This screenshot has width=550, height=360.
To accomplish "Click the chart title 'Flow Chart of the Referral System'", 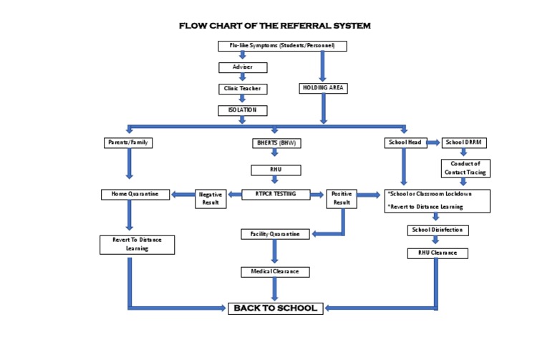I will [x=275, y=26].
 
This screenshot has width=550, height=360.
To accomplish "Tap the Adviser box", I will [x=243, y=67].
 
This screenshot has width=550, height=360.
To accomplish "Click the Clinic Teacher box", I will [x=243, y=89].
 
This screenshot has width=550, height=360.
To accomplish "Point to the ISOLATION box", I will [x=243, y=110].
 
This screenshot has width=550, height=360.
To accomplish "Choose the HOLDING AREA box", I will [x=323, y=88].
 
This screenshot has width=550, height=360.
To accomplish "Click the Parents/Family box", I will [x=129, y=142].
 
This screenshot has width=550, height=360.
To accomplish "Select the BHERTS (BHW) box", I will [x=275, y=143].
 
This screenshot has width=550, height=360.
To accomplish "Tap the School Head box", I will [x=405, y=142].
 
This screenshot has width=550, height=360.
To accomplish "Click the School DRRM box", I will [x=464, y=142].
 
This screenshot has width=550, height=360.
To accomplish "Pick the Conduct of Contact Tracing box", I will [x=464, y=167].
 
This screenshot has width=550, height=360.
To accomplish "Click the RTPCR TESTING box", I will [x=275, y=193].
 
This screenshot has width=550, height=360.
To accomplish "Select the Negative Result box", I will [x=210, y=198].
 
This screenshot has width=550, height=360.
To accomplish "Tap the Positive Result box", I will [x=342, y=198].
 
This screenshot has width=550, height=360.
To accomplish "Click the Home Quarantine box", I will [x=135, y=194].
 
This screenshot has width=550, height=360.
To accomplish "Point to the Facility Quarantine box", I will [x=275, y=234].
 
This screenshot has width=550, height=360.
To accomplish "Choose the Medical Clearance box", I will [x=275, y=272].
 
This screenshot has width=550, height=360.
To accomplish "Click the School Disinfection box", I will [x=438, y=230].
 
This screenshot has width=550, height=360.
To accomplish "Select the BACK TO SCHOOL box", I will [x=276, y=308].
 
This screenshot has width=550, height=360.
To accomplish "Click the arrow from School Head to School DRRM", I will [x=433, y=142].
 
